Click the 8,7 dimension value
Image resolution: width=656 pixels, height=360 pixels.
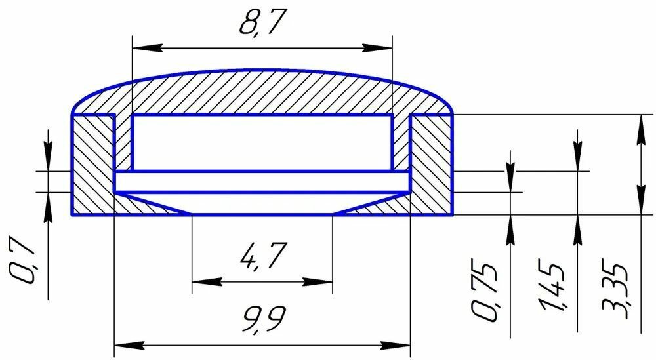[263, 22]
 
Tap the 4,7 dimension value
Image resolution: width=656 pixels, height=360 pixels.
[264, 255]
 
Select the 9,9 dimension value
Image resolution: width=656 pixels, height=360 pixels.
[264, 319]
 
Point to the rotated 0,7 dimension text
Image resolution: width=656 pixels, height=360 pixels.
[21, 262]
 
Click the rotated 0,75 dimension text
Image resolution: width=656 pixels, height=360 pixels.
[485, 291]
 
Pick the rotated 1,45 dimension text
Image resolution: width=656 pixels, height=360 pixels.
[552, 287]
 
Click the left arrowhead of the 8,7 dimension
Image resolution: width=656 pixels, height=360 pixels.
[147, 47]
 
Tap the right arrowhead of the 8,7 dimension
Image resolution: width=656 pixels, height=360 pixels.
[377, 47]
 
